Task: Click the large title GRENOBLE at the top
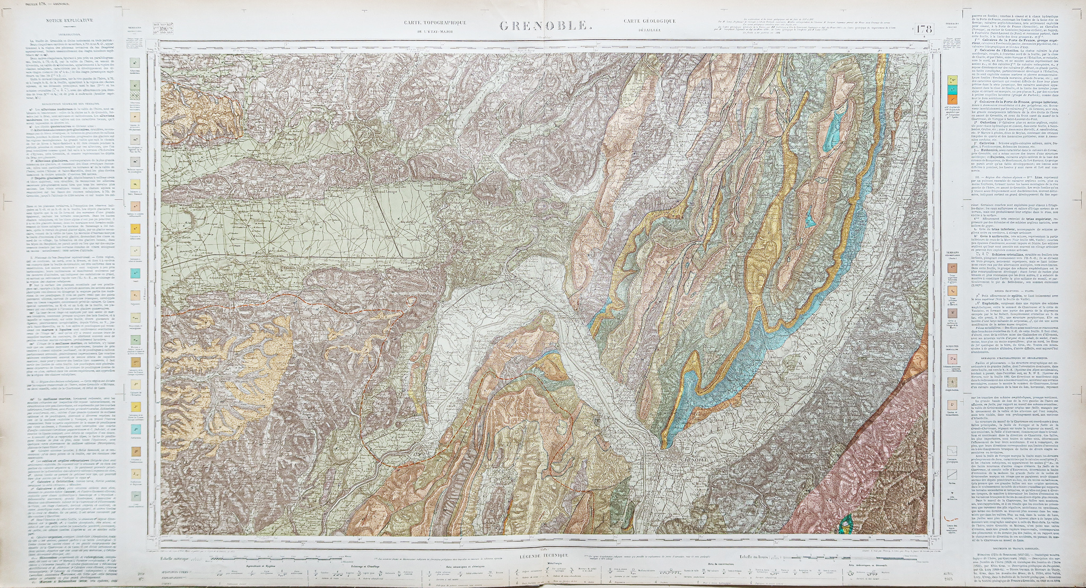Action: tap(544, 26)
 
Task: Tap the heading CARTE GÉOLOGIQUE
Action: tap(650, 21)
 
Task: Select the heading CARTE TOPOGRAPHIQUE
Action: tap(435, 23)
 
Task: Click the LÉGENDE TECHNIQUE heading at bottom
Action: tap(543, 555)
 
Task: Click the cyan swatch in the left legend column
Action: tap(136, 274)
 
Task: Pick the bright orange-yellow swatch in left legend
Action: tap(136, 229)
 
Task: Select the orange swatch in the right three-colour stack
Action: tap(953, 99)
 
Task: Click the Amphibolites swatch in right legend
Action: tap(953, 382)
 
